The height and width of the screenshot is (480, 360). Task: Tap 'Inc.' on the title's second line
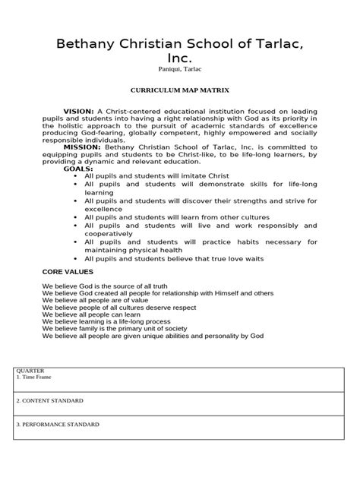179,59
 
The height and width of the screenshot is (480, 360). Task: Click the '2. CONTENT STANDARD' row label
49,400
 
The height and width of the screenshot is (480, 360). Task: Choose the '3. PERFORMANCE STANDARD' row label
57,425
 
